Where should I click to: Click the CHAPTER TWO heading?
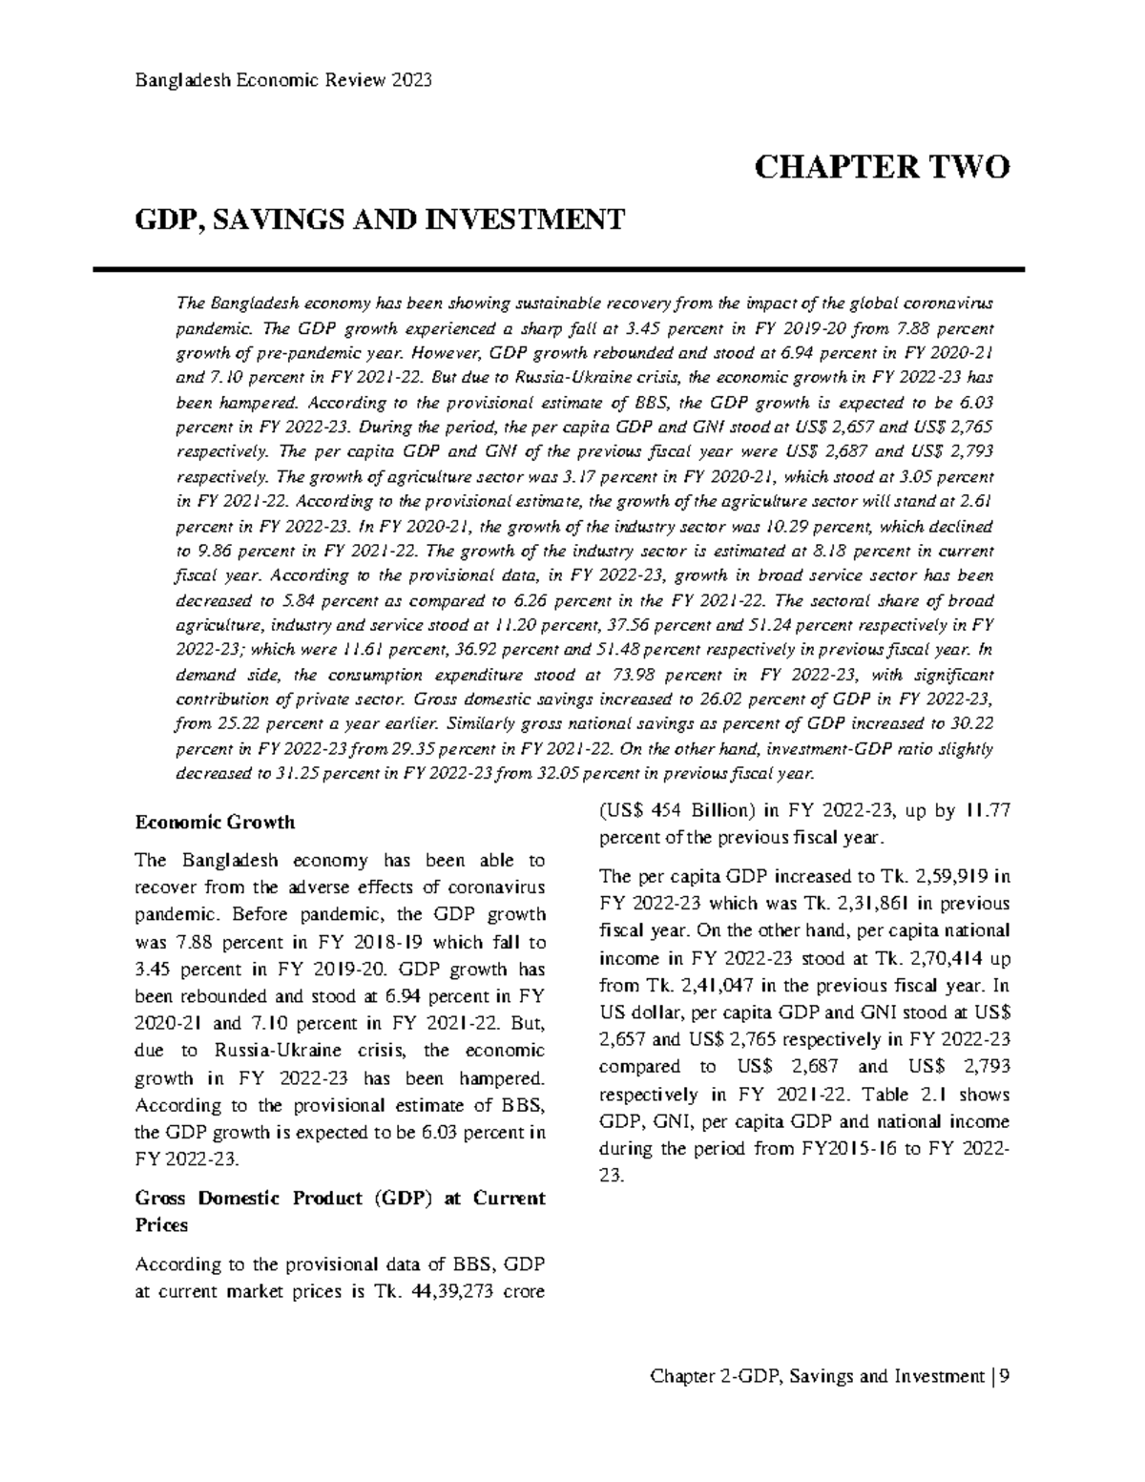pyautogui.click(x=881, y=168)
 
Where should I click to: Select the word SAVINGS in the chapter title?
pyautogui.click(x=267, y=221)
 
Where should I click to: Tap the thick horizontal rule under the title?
pyautogui.click(x=572, y=270)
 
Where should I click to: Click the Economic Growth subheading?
pyautogui.click(x=215, y=822)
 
